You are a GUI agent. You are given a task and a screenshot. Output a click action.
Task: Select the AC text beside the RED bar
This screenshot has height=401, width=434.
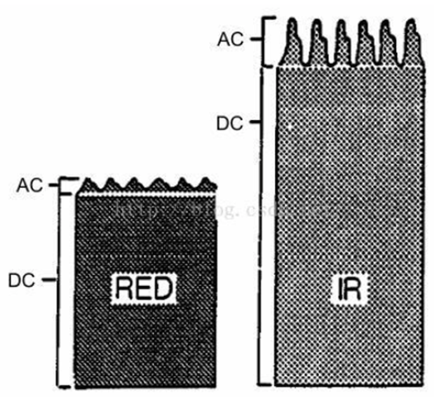tap(30, 186)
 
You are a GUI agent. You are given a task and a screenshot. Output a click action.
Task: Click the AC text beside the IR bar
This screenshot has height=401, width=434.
tap(230, 39)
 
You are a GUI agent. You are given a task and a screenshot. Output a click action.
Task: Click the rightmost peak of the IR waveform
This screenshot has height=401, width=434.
tap(411, 25)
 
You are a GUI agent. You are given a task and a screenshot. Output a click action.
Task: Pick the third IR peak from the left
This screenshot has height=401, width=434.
tap(341, 25)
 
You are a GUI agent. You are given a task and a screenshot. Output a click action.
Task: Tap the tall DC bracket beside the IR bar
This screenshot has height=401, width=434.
tap(263, 222)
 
